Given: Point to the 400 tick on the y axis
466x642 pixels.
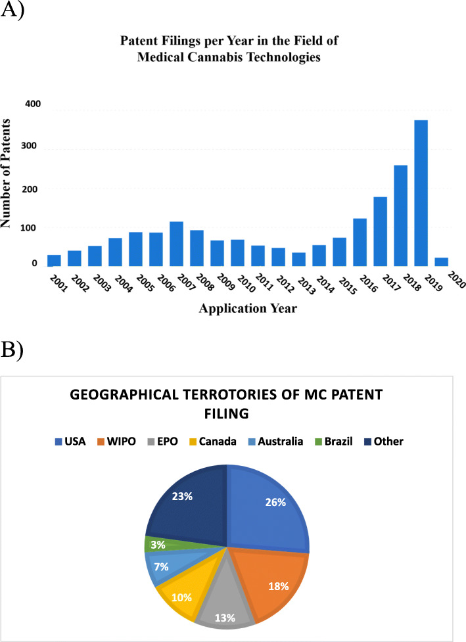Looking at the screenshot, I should click(32, 104).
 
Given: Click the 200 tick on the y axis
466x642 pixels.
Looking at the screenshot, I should click(32, 189).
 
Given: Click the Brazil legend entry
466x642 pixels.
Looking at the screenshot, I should click(330, 442).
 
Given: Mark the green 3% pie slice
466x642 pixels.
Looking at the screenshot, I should click(154, 544).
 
